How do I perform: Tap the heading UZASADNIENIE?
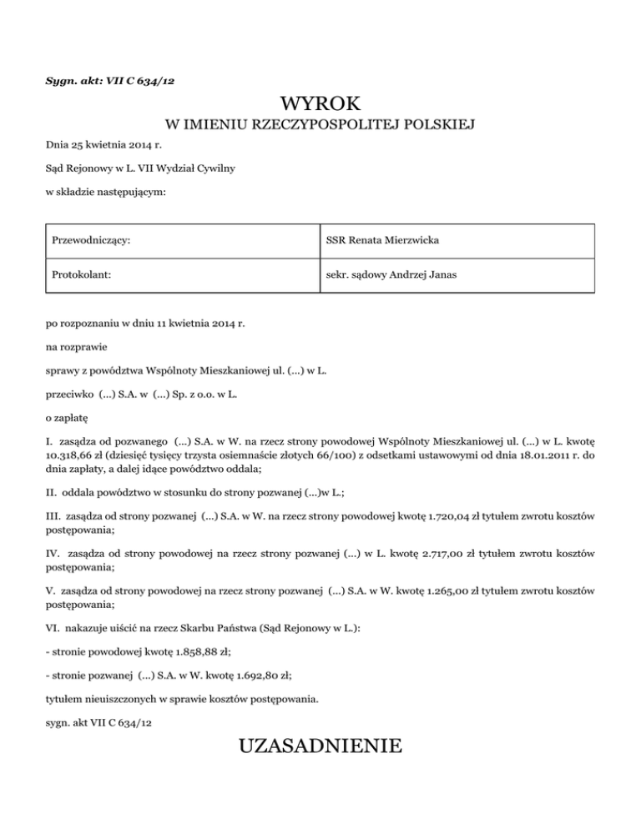click(320, 744)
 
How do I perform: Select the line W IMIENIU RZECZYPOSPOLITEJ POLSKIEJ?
click(320, 126)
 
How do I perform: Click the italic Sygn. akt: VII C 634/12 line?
click(109, 80)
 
